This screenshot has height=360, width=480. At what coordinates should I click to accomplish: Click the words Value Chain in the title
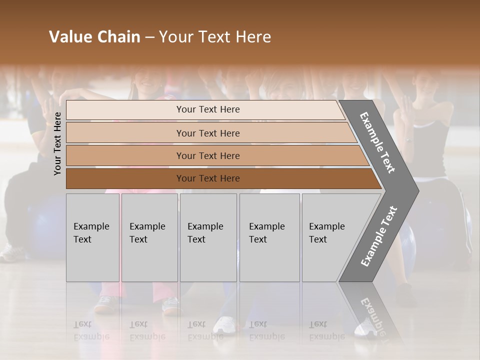[x=94, y=37]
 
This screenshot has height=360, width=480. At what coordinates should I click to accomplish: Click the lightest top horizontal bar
[x=125, y=110]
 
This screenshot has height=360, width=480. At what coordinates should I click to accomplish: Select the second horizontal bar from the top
[x=125, y=133]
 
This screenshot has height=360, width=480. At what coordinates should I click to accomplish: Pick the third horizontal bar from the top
[x=125, y=155]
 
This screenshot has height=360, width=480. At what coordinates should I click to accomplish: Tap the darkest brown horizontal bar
[x=125, y=178]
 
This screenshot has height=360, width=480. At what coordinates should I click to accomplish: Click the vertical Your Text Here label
[x=57, y=143]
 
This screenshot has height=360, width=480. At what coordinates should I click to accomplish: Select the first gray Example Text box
[x=92, y=237]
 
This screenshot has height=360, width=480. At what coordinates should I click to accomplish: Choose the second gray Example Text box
[x=149, y=237]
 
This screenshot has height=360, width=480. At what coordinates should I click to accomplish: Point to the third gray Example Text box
[x=208, y=237]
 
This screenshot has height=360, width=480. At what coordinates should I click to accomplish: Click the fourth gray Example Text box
[x=269, y=237]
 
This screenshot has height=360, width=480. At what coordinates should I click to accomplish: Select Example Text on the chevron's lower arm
[x=378, y=236]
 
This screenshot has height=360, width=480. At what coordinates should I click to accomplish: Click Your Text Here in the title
[x=215, y=37]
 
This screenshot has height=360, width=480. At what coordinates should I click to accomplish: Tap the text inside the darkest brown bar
[x=208, y=178]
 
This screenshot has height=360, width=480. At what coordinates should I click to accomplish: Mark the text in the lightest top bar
[x=208, y=109]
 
